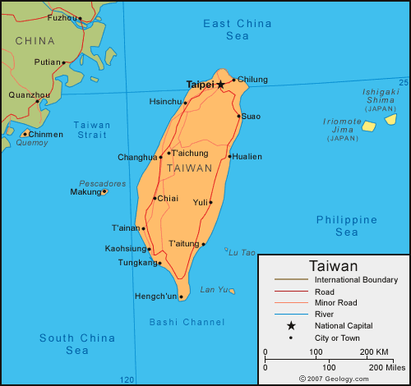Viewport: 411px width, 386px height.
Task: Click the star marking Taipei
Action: tap(220, 85)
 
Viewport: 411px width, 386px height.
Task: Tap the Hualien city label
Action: tap(248, 156)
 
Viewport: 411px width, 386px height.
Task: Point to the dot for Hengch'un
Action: tap(181, 297)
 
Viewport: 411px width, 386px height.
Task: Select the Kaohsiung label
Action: tap(125, 248)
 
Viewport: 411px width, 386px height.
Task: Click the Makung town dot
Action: tap(104, 192)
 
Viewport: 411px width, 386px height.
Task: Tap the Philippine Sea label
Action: tap(347, 226)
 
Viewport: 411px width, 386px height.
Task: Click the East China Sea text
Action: tap(238, 30)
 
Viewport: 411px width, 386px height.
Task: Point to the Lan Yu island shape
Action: tap(232, 291)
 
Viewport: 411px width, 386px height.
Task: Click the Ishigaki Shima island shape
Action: tap(390, 118)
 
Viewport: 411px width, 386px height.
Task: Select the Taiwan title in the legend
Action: tap(333, 266)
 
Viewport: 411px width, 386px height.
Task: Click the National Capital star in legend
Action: tap(291, 325)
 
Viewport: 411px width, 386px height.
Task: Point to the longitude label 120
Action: tap(127, 379)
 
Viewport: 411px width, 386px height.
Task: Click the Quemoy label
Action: tap(32, 142)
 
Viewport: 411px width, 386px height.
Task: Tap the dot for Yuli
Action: tap(211, 202)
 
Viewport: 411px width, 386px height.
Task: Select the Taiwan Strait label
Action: tap(93, 130)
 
